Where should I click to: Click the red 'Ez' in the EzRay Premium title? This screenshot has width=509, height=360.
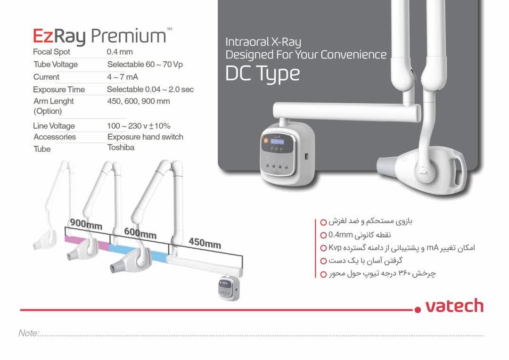click(x=43, y=36)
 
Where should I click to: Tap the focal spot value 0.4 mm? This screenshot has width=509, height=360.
click(x=120, y=52)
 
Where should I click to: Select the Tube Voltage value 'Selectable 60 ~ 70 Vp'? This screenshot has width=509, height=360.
click(x=145, y=64)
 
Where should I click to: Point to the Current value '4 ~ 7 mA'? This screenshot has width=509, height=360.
click(x=123, y=77)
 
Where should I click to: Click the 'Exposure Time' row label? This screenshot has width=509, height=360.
click(x=59, y=90)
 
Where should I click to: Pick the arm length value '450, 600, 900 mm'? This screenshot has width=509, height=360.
click(x=139, y=101)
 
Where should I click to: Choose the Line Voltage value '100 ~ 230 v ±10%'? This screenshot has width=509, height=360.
click(x=139, y=126)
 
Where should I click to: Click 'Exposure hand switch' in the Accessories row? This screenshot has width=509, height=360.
click(x=146, y=137)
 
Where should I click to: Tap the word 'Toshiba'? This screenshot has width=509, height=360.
click(x=121, y=147)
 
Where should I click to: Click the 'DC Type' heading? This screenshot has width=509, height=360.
click(x=263, y=74)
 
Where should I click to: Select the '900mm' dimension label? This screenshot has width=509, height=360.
click(x=86, y=224)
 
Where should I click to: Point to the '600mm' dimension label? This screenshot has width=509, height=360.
click(x=140, y=233)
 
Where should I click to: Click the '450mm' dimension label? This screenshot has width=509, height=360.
click(x=205, y=243)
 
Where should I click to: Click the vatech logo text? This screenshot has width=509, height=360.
click(x=454, y=306)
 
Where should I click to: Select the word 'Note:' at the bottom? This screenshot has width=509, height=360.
click(x=29, y=333)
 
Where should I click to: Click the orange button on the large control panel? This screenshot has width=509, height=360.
click(x=265, y=141)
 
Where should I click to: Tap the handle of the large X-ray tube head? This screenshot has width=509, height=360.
click(x=458, y=172)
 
